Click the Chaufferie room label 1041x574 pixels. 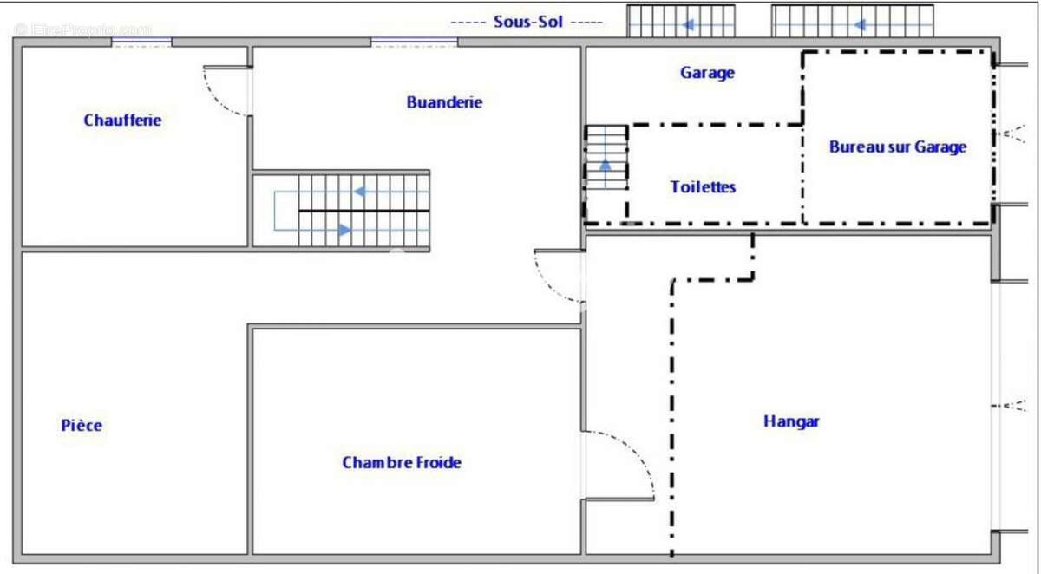122,121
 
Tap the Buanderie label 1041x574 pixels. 444,102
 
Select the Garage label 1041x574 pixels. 707,73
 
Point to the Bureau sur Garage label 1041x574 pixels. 898,147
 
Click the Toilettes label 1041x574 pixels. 703,187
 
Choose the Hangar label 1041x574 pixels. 791,421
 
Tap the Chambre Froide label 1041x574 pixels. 402,462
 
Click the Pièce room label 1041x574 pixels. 82,425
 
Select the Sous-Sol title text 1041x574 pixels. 528,22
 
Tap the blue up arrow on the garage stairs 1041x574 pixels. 606,165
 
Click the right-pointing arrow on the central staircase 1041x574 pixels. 344,230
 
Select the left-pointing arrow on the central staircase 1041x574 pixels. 360,192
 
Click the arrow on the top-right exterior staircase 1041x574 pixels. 860,24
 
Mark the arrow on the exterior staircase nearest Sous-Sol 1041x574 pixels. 689,24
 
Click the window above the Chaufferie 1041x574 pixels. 141,42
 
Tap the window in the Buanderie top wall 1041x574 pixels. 414,42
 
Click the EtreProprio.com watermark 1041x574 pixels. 83,29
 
